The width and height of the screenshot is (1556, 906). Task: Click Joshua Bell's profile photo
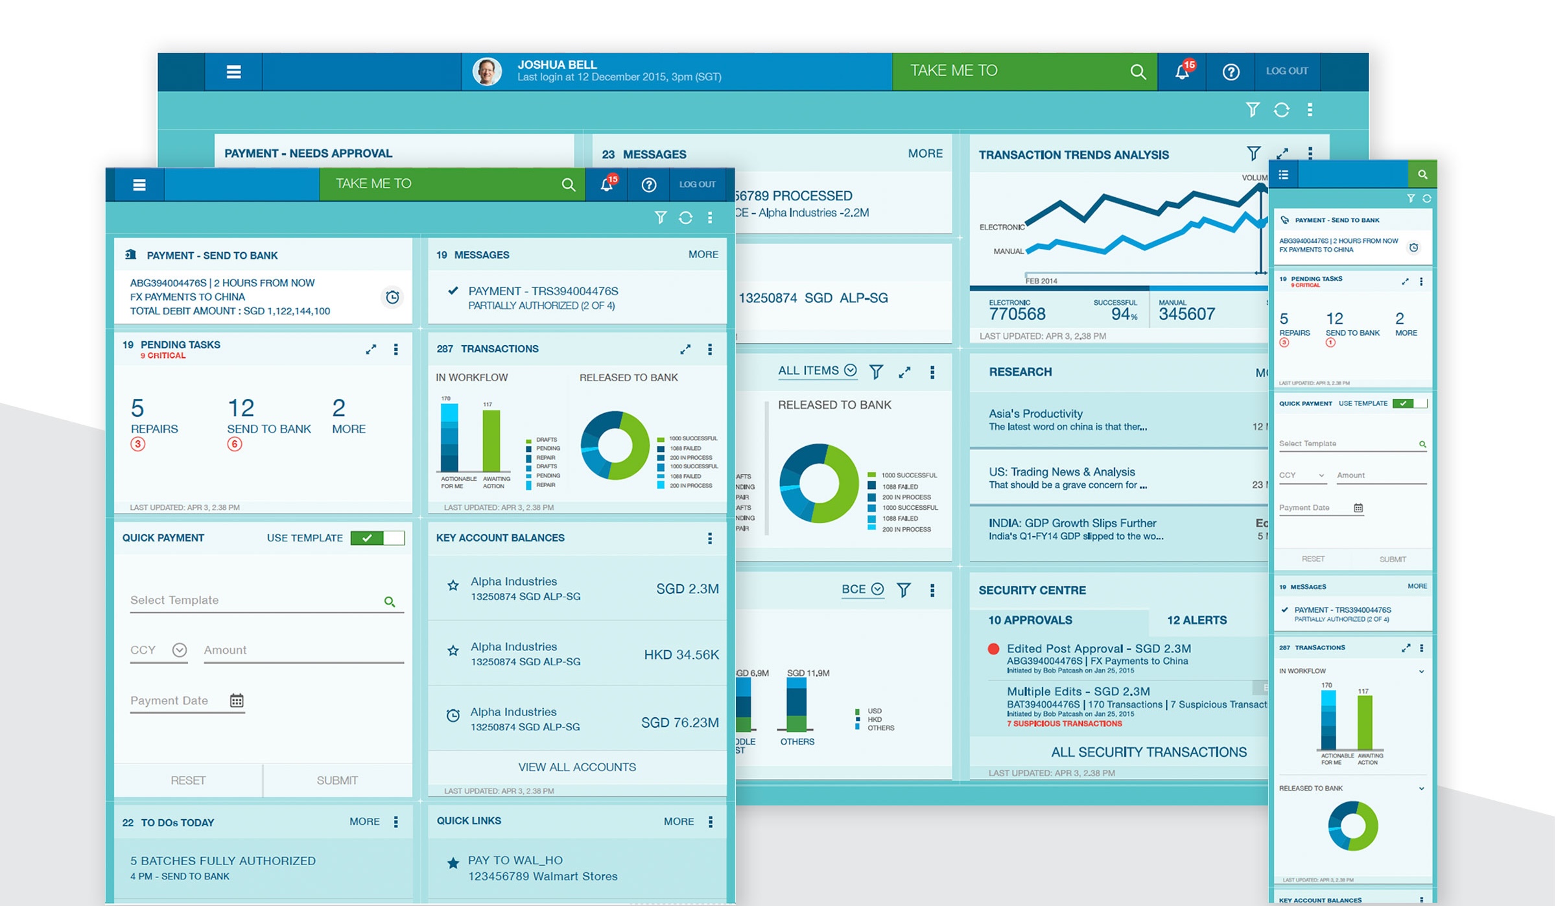point(488,71)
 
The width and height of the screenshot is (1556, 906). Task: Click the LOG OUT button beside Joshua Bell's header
point(1286,71)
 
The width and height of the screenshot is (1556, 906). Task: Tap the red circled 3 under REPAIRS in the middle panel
point(137,444)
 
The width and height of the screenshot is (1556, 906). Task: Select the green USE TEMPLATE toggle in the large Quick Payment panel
point(377,538)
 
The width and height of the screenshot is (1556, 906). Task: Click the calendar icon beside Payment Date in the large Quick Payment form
point(237,700)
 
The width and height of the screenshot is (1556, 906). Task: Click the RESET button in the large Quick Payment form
point(188,780)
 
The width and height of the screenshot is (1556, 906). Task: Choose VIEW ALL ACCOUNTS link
point(577,767)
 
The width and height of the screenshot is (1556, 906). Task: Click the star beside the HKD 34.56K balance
point(453,650)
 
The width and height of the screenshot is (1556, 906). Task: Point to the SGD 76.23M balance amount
point(679,722)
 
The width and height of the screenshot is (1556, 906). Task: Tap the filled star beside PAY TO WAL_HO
point(453,863)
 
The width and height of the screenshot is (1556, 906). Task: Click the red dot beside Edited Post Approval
point(993,649)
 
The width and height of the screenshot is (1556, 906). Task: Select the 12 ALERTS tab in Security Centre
point(1196,620)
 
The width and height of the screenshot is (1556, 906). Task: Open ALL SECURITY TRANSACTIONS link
point(1148,752)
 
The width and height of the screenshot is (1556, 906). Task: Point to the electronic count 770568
point(1017,315)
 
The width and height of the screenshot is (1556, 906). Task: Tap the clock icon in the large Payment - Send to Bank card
point(392,297)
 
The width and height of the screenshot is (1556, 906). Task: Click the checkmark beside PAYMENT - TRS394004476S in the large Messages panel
point(453,291)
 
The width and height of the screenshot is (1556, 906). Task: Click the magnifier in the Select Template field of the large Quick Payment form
point(389,601)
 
